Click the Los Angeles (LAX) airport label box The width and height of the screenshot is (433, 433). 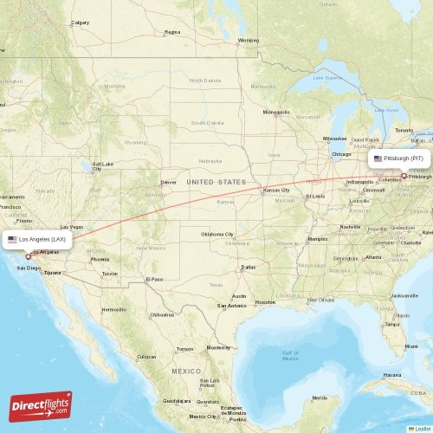(x=36, y=238)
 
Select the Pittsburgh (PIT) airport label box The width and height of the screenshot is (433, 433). (x=399, y=159)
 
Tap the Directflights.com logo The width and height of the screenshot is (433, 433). (x=41, y=405)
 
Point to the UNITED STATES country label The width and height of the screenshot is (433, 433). (x=216, y=183)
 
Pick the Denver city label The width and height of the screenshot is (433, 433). (x=168, y=183)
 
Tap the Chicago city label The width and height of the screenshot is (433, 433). (x=340, y=154)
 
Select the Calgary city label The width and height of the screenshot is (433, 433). (x=80, y=23)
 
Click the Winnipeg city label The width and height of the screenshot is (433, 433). (x=249, y=40)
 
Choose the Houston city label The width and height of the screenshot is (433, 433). (x=264, y=301)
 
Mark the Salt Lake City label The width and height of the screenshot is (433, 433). (x=102, y=165)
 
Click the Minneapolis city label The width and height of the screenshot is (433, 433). (x=276, y=112)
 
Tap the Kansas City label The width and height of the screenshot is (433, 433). (x=277, y=190)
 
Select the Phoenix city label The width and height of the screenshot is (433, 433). (x=100, y=259)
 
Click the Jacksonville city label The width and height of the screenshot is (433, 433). (x=404, y=295)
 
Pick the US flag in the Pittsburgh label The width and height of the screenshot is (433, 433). (x=378, y=159)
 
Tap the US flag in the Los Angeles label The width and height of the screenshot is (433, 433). (x=12, y=238)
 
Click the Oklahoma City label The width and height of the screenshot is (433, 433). (x=216, y=234)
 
